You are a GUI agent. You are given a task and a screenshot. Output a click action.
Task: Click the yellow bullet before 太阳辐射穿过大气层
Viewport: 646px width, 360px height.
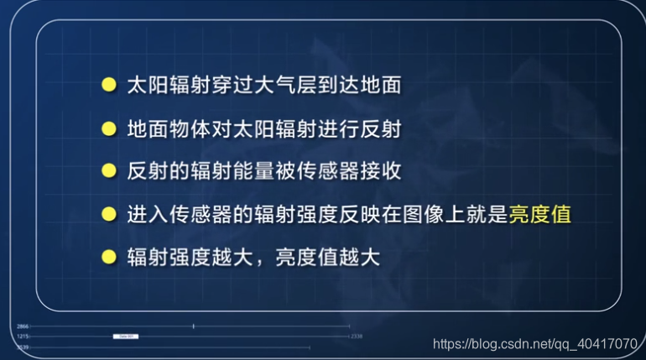[x=107, y=85]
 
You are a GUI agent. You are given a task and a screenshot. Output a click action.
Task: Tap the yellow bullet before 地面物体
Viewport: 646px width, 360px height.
[x=107, y=128]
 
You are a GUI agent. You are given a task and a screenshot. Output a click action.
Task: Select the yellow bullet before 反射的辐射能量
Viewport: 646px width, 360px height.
[x=107, y=171]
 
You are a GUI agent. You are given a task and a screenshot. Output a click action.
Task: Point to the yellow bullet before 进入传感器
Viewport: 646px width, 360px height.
[x=107, y=214]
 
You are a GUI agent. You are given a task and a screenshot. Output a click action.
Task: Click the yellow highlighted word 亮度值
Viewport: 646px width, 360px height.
[x=540, y=214]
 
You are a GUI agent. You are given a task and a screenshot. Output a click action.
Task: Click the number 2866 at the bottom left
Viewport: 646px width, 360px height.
[x=23, y=325]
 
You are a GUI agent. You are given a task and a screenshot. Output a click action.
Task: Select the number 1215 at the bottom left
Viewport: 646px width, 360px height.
[x=23, y=336]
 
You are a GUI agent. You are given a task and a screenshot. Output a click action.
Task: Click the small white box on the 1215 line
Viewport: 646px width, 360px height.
[x=126, y=336]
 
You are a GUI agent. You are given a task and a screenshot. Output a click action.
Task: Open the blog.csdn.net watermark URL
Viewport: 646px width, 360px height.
[x=534, y=344]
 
